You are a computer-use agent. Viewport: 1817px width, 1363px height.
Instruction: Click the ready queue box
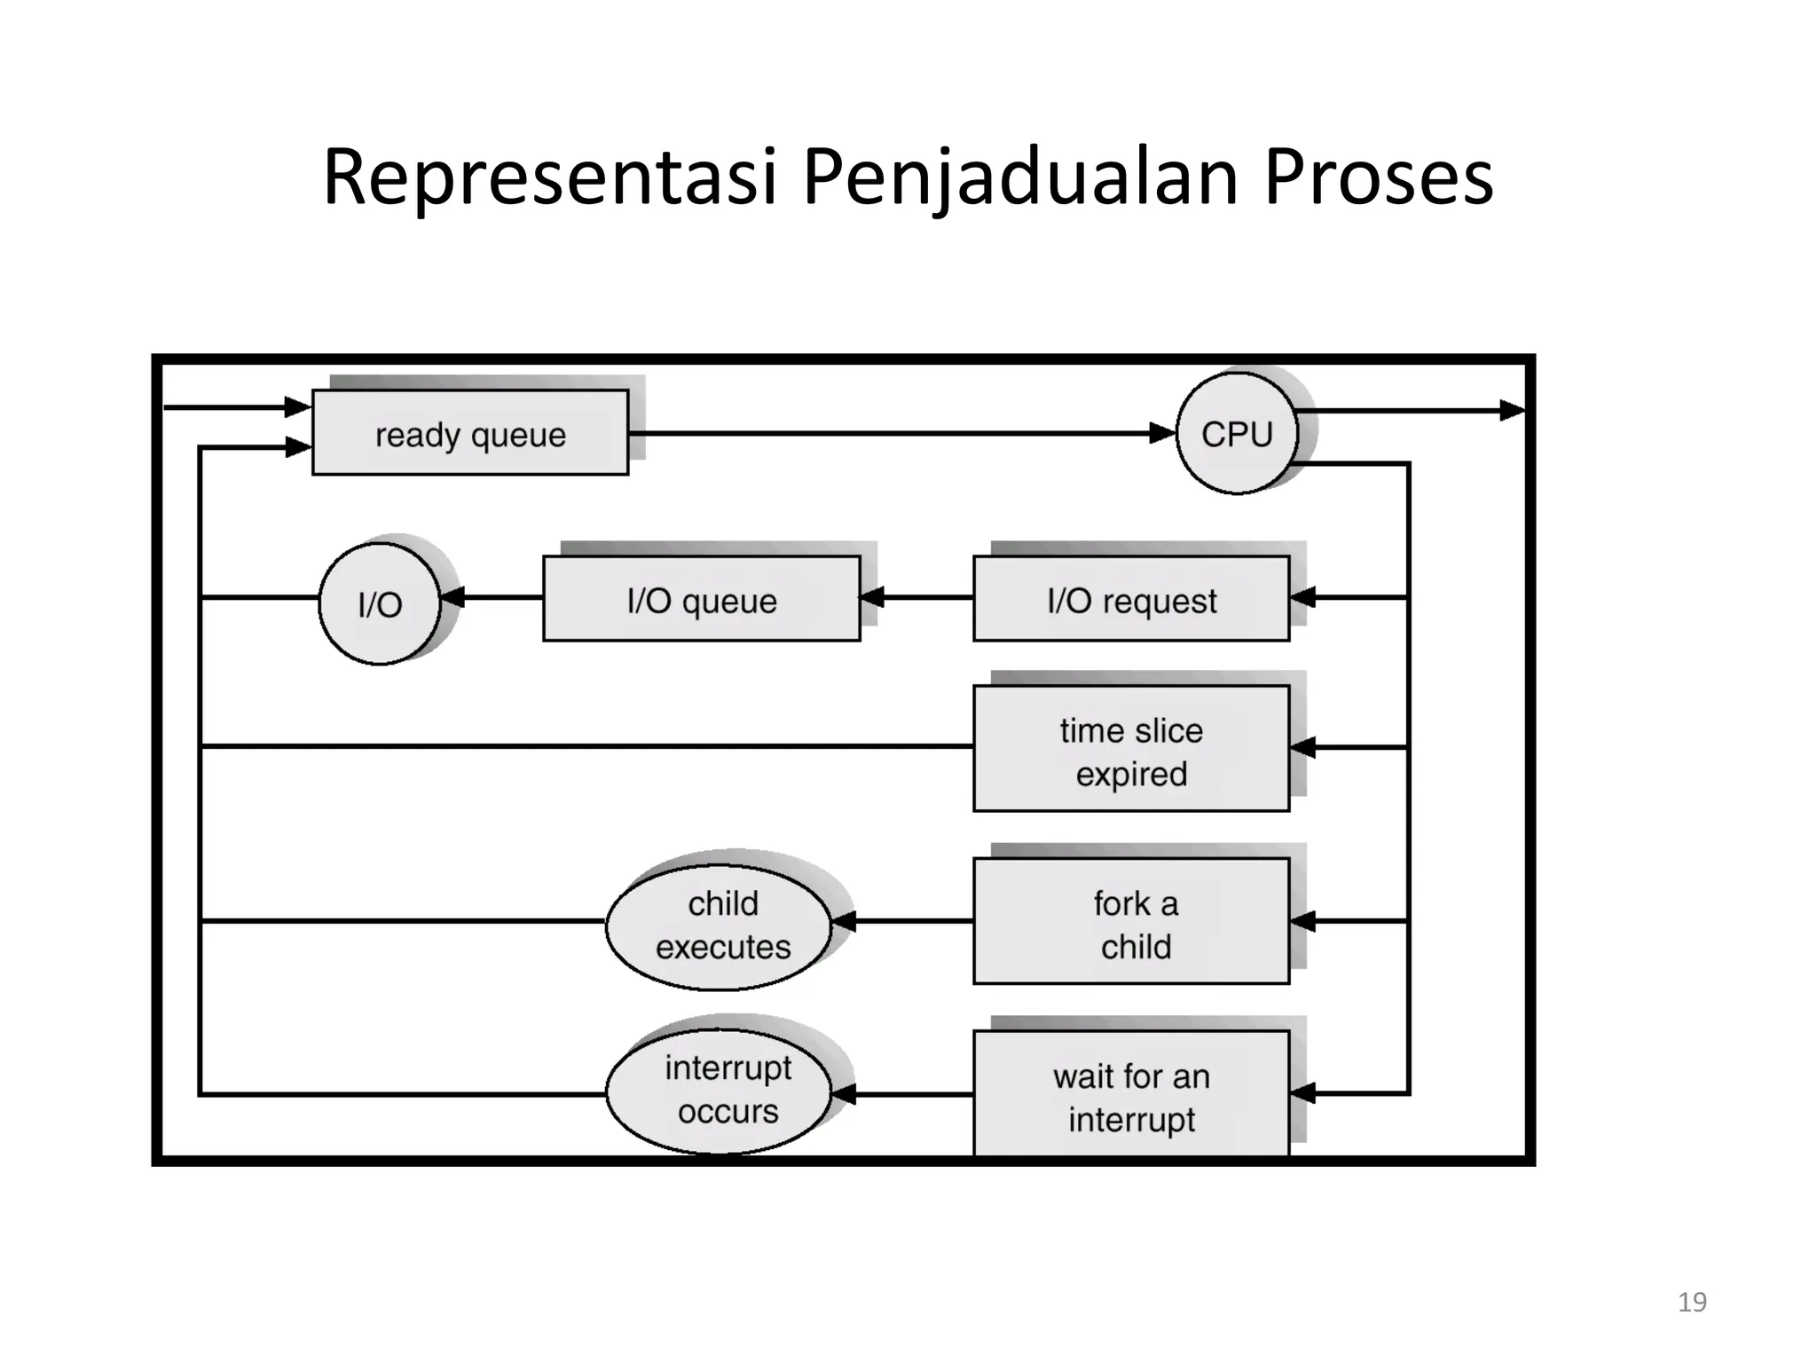[x=470, y=433]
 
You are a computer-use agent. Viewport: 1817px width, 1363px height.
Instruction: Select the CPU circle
[x=1237, y=433]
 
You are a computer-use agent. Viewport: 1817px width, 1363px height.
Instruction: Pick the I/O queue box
[x=701, y=599]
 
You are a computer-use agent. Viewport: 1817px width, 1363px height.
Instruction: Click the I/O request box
[x=1131, y=599]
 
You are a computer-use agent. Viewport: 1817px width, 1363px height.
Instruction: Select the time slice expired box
[x=1131, y=750]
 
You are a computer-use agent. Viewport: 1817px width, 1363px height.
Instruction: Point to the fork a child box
[x=1131, y=923]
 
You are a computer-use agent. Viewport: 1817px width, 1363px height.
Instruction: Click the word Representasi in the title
[x=550, y=177]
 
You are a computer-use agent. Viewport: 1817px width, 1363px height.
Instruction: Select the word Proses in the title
[x=1378, y=177]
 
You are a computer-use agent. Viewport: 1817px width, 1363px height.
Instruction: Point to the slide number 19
[x=1692, y=1302]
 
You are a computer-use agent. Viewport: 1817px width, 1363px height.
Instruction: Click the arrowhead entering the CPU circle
[x=1163, y=433]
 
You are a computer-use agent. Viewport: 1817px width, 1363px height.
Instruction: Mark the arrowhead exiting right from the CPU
[x=1512, y=410]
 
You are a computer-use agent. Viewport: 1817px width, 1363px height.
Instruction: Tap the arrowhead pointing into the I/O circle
[x=452, y=598]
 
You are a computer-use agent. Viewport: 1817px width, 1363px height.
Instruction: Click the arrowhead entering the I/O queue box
[x=872, y=597]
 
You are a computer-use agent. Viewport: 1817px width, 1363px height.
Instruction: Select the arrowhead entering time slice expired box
[x=1302, y=748]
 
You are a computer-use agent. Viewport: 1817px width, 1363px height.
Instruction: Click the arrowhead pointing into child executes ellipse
[x=844, y=922]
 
